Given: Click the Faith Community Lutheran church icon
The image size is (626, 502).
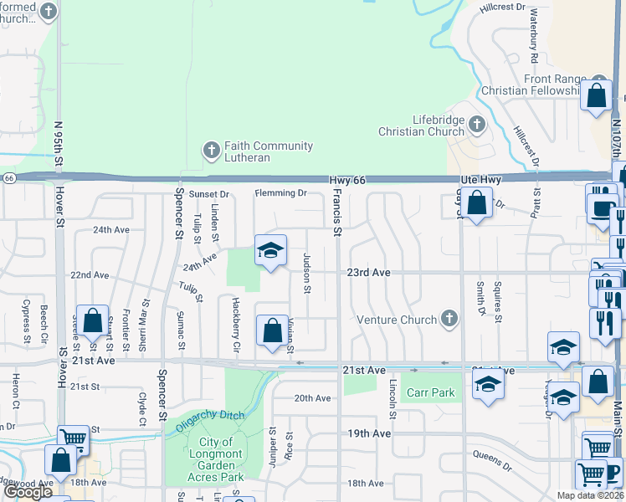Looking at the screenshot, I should (x=211, y=151).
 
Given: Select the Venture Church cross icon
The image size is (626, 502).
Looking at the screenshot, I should (x=450, y=319).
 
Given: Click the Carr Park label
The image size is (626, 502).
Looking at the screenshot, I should (x=431, y=392).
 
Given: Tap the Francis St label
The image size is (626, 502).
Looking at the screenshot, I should (x=337, y=211).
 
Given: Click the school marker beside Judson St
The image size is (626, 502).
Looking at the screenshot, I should (x=270, y=251).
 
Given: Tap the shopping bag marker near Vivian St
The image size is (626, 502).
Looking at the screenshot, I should (x=272, y=331).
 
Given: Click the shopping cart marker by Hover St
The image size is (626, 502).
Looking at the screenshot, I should (x=74, y=438).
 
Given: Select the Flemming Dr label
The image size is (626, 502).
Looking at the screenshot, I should (x=280, y=193).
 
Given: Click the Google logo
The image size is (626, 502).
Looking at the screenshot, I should (x=28, y=492).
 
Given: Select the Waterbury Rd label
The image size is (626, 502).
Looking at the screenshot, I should (x=533, y=47).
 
